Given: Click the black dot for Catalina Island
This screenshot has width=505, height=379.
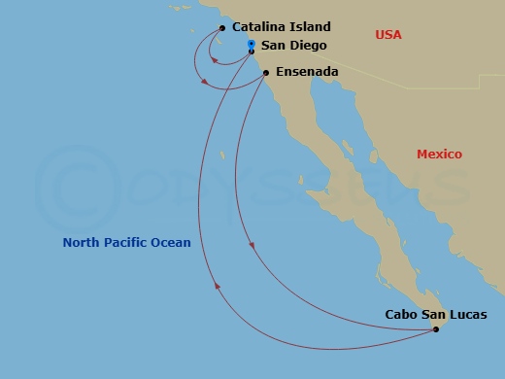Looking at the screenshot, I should tap(222, 28).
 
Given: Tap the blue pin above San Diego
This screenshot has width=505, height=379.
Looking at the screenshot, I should tap(251, 44).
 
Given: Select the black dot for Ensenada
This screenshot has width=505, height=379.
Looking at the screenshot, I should tap(266, 72).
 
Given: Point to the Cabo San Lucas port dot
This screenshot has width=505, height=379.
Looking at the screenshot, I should tap(435, 329).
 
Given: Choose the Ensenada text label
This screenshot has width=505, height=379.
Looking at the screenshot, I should tap(307, 72).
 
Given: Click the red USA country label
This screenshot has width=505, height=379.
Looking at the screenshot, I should tap(388, 35).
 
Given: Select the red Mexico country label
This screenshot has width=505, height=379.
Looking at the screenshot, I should tap(439, 155).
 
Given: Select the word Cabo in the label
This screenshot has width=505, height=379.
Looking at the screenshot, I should tap(402, 314).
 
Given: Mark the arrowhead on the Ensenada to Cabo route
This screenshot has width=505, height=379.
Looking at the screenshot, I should tap(252, 245).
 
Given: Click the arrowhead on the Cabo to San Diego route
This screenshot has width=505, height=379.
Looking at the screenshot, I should tap(217, 286).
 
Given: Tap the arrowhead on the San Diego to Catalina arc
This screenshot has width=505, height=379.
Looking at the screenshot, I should tap(214, 59).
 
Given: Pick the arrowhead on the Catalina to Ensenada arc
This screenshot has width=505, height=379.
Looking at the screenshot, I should tap(204, 82).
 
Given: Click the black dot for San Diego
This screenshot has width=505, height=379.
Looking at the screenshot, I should tap(251, 52).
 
